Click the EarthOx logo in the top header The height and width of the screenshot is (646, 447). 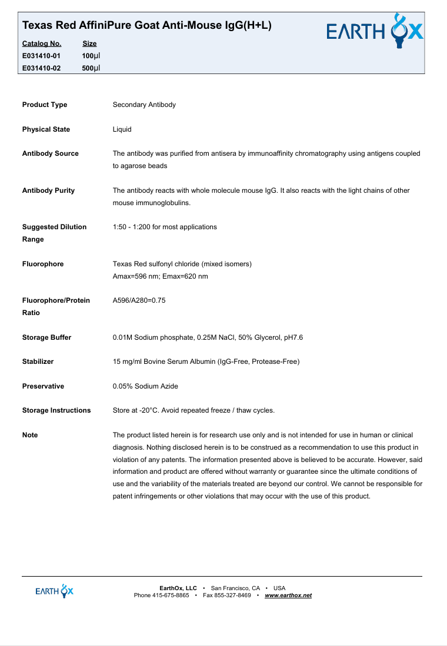375,31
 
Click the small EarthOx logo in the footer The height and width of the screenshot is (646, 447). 54,591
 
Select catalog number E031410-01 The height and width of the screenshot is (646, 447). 41,55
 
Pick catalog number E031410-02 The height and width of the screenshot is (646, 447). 41,68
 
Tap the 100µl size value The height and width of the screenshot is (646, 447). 91,55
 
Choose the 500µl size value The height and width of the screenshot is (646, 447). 91,68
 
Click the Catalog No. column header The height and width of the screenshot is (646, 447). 41,43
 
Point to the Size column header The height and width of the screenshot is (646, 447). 89,43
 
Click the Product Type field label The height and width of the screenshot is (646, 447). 45,105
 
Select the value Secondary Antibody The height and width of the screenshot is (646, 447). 144,105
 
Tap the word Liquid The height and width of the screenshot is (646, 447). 122,129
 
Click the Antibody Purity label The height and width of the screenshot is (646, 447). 48,190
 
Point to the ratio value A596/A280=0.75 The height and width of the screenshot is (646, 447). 139,300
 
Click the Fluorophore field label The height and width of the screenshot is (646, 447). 43,264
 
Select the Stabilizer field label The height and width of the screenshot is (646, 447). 38,362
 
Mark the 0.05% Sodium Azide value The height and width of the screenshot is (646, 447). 145,386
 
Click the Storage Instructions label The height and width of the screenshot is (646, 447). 56,410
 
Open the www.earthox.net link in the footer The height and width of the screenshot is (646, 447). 288,595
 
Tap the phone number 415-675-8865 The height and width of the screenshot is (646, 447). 171,595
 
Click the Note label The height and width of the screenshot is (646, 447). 30,435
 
